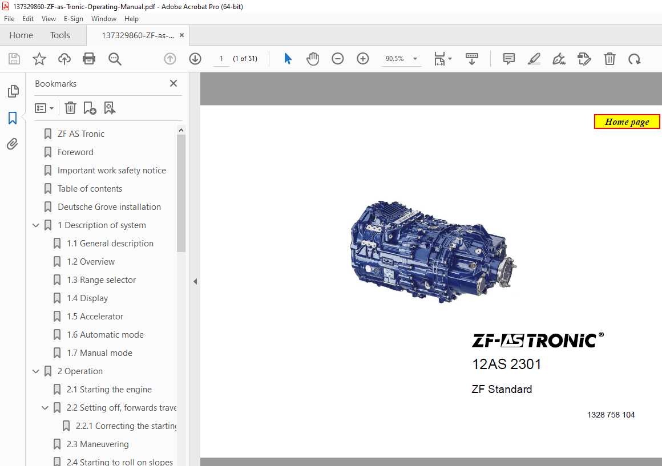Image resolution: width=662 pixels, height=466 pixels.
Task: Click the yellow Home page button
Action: click(x=627, y=121)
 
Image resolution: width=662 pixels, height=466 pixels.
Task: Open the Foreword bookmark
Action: click(x=75, y=152)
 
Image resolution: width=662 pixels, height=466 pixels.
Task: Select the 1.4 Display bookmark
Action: click(x=87, y=298)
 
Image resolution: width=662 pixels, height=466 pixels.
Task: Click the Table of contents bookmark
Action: click(x=90, y=189)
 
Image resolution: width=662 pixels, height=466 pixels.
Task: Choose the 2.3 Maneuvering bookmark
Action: click(x=97, y=444)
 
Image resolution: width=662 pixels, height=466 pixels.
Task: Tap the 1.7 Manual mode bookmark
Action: click(x=99, y=353)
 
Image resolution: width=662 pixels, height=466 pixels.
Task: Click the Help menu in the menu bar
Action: click(x=131, y=19)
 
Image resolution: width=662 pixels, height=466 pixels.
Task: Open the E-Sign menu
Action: click(x=74, y=19)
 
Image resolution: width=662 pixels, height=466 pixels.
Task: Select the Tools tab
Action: click(x=60, y=35)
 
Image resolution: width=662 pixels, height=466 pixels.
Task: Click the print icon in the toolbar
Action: click(x=89, y=59)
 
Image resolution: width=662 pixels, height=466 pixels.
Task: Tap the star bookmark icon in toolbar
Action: click(x=39, y=59)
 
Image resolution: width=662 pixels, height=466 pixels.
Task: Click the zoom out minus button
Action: click(x=338, y=59)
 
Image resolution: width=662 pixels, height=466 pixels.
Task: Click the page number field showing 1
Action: click(x=221, y=59)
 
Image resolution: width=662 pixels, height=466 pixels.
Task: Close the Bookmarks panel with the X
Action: click(x=173, y=83)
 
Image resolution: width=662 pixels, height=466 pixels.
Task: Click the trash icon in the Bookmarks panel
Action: click(x=70, y=108)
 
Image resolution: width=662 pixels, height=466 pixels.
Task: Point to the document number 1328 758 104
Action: click(x=611, y=415)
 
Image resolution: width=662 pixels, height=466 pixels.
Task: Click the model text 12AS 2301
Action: click(x=506, y=364)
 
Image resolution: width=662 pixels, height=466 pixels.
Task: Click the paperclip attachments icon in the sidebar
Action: click(x=13, y=144)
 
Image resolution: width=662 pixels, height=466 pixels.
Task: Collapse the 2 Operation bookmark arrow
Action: click(x=36, y=371)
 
